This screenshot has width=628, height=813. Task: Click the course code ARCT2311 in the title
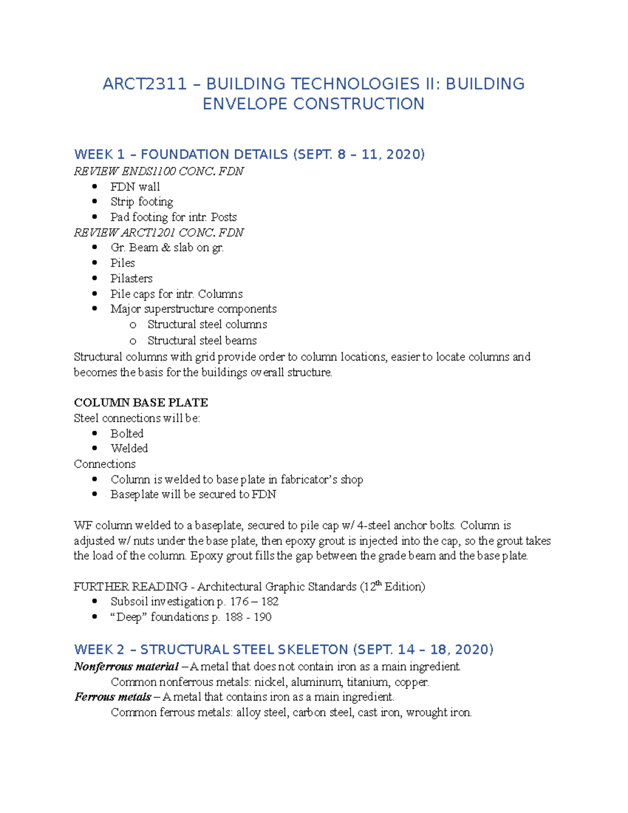click(x=144, y=84)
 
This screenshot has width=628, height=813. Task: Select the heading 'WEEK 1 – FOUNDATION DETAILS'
click(x=181, y=154)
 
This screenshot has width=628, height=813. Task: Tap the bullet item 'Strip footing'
click(x=141, y=202)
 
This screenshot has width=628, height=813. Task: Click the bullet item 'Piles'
click(x=122, y=263)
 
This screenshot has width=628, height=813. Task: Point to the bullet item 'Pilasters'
click(x=131, y=279)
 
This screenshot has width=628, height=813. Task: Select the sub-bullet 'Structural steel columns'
click(x=207, y=325)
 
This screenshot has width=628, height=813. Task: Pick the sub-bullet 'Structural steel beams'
click(x=202, y=341)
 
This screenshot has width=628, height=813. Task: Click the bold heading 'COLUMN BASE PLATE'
click(x=141, y=403)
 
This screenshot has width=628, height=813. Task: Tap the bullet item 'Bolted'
click(x=127, y=433)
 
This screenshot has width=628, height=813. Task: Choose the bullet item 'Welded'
click(x=129, y=449)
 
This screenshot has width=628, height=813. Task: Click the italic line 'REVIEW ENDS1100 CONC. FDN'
click(x=159, y=171)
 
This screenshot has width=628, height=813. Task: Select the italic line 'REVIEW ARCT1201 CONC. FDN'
click(x=159, y=232)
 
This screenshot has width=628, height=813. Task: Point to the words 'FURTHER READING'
click(x=130, y=587)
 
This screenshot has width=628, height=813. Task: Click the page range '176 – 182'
click(x=254, y=602)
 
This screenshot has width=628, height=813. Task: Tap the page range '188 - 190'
click(x=248, y=617)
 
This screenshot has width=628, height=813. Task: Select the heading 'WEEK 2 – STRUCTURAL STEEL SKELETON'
click(x=211, y=650)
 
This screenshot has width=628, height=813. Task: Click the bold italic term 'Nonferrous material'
click(x=126, y=667)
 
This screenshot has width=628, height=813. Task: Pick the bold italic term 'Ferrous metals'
click(x=113, y=697)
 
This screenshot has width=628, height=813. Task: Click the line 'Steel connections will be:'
click(x=137, y=418)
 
